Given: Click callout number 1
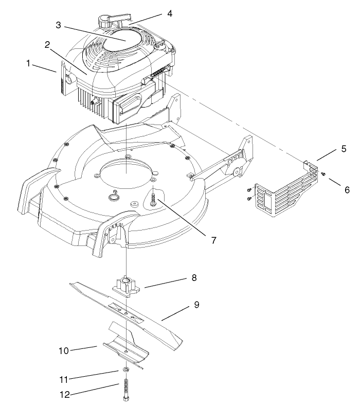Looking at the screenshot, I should coord(29,63).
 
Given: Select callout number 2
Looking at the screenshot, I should coord(47,45).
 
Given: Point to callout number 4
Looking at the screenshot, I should coord(169,13).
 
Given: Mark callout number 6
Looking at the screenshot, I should coord(347,189).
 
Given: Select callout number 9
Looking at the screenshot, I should coord(196,305).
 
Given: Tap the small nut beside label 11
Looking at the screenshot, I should coord(125,370).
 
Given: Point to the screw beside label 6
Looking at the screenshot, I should coord(324,175).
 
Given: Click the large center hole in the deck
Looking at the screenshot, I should coord(127,173).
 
